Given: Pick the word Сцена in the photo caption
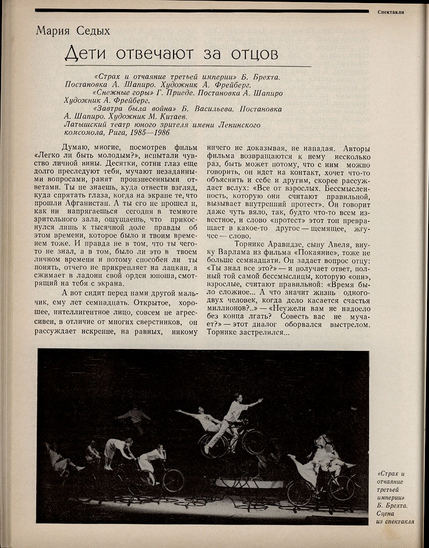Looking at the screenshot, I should point(390,513).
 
